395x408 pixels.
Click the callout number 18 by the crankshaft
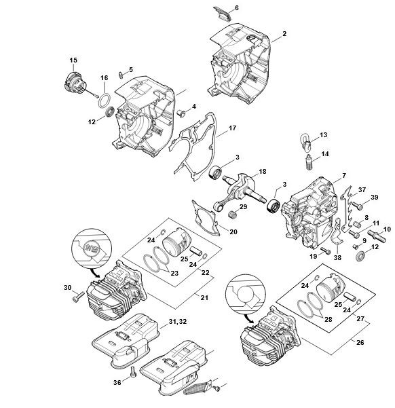[x=263, y=172]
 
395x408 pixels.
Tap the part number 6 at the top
[x=237, y=8]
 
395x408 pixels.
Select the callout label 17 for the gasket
[x=232, y=128]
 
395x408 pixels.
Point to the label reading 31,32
[x=177, y=322]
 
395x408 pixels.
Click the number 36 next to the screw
[x=117, y=382]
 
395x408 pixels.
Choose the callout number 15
[x=73, y=60]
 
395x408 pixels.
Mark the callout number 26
[x=360, y=342]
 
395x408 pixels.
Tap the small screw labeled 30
[x=77, y=297]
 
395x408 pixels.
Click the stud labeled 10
[x=377, y=236]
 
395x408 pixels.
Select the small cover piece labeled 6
[x=222, y=14]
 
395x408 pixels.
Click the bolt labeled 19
[x=326, y=251]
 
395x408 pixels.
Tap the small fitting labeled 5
[x=121, y=75]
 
